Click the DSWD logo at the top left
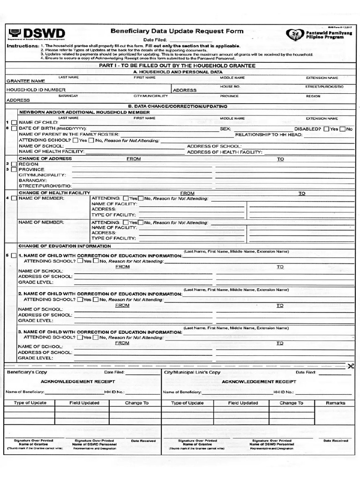pos(36,34)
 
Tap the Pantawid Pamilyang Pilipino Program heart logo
pos(296,35)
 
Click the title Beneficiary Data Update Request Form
pos(177,31)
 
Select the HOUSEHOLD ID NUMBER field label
pos(36,90)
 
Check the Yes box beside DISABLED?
pos(326,128)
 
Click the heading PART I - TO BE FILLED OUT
pos(177,66)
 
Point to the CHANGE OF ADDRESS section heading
pos(45,158)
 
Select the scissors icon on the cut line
pos(350,366)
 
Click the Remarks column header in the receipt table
pos(336,403)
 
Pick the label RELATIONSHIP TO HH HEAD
pos(268,135)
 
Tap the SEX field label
pos(225,128)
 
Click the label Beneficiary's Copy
pos(27,372)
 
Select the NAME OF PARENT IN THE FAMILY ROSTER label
pos(69,135)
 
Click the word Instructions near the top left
pos(22,46)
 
